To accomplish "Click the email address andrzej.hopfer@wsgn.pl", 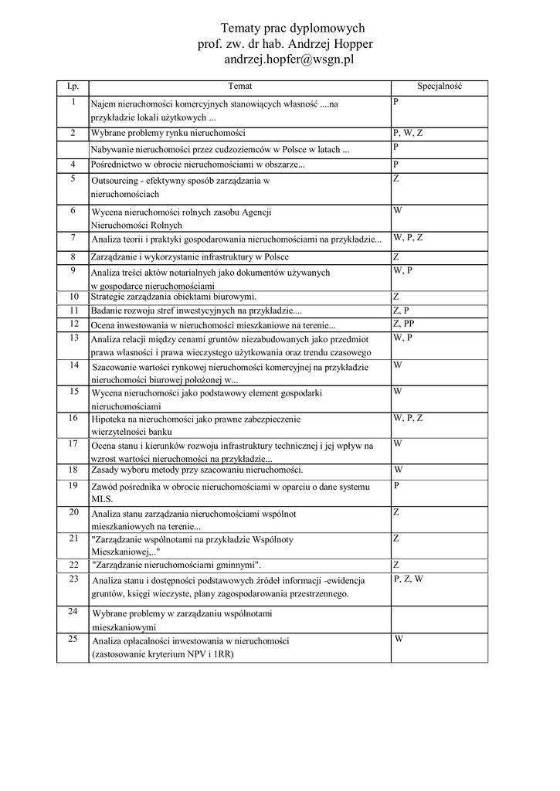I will (x=287, y=59).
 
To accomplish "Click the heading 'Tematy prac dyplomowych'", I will (x=287, y=28).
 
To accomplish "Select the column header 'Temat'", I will (x=239, y=87).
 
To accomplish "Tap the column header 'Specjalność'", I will (x=440, y=87).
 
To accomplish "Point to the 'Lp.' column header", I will (x=73, y=87).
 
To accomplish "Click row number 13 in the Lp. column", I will (x=73, y=338).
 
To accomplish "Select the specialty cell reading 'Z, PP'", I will (x=404, y=324).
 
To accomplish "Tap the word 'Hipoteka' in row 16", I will (x=109, y=419).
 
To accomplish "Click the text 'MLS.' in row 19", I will (x=102, y=499).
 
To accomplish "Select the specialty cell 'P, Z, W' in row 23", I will (x=408, y=579).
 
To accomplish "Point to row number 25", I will (x=73, y=639).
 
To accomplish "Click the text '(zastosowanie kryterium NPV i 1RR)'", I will (x=162, y=654).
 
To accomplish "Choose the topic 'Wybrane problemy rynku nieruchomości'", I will (x=168, y=133).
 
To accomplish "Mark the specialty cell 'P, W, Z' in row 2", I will (x=408, y=133).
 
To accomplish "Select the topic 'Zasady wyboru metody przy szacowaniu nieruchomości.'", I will (x=197, y=470).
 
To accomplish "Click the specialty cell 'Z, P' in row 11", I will (x=401, y=310).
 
